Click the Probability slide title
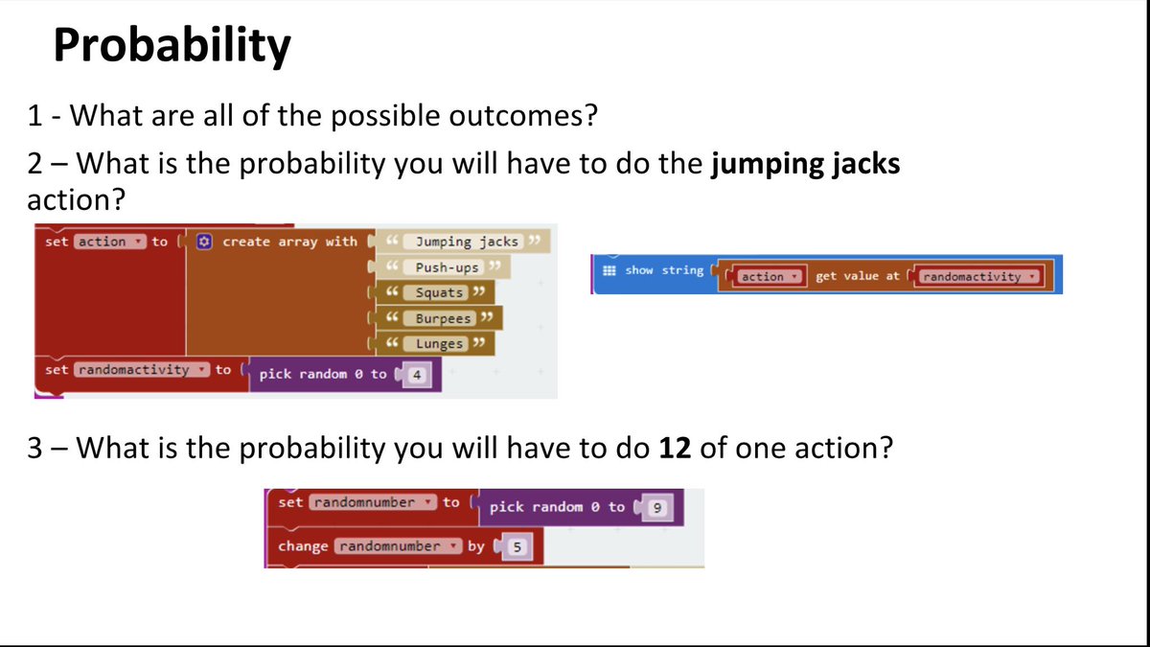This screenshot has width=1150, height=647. pyautogui.click(x=172, y=46)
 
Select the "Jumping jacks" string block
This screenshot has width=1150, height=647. pyautogui.click(x=467, y=242)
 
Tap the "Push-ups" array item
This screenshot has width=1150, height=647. pyautogui.click(x=447, y=267)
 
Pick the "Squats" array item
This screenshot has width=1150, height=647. pyautogui.click(x=439, y=292)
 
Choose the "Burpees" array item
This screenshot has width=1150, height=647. pyautogui.click(x=443, y=318)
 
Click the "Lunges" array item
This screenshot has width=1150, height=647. pyautogui.click(x=439, y=343)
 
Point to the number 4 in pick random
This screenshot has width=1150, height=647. pyautogui.click(x=416, y=375)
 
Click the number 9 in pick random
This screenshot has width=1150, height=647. pyautogui.click(x=656, y=508)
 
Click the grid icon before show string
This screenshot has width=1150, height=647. pyautogui.click(x=609, y=271)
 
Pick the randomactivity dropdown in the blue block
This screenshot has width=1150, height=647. pyautogui.click(x=977, y=277)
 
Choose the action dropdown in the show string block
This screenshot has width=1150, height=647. pyautogui.click(x=769, y=277)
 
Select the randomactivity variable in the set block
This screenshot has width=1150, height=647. pyautogui.click(x=138, y=369)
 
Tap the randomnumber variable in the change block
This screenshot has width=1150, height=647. pyautogui.click(x=395, y=546)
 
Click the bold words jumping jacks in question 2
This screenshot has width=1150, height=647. pyautogui.click(x=804, y=164)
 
